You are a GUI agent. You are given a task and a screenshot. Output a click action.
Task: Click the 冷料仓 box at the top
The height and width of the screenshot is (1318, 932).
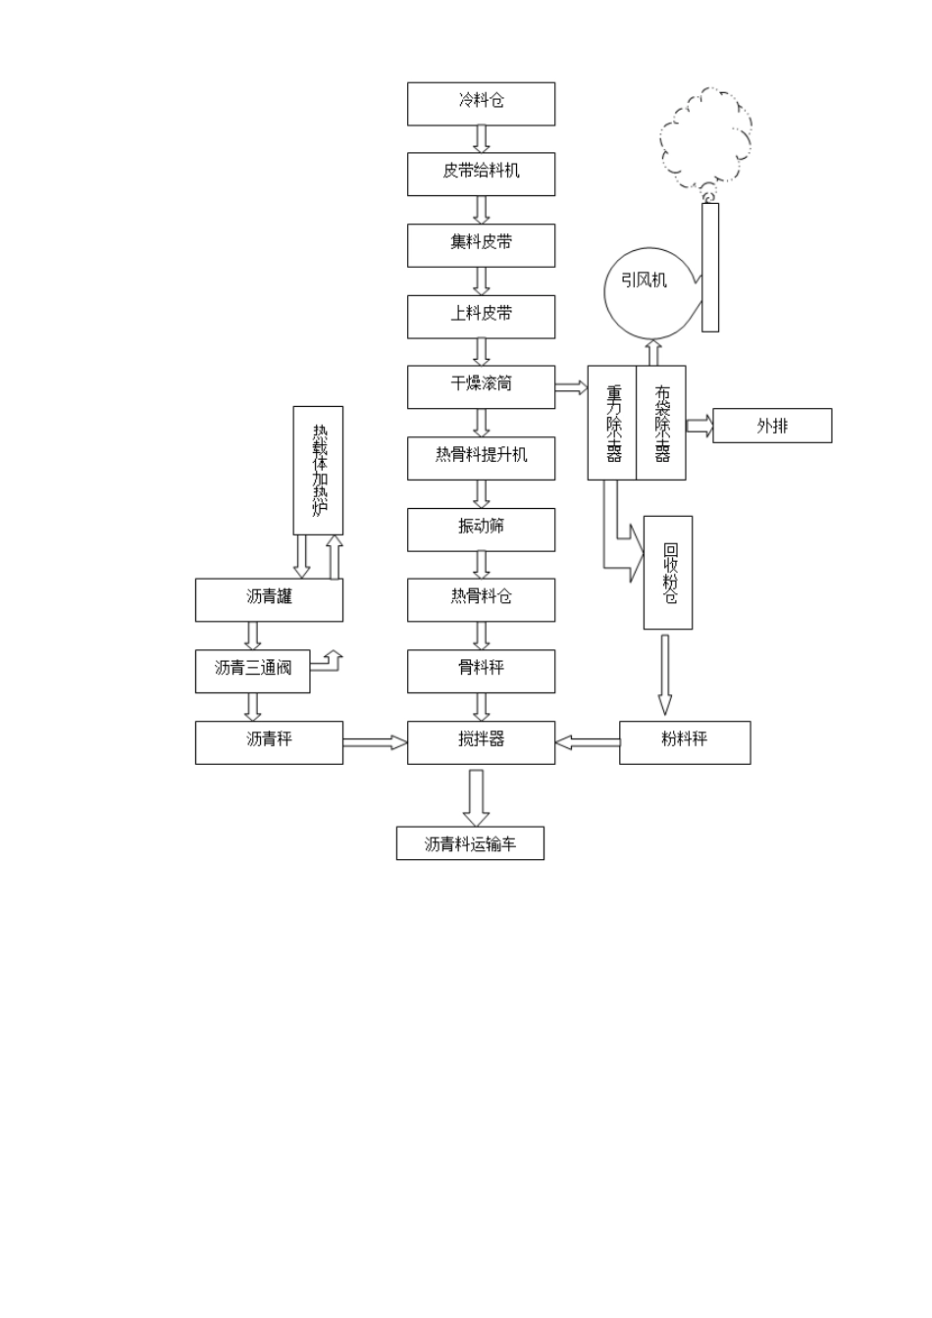[481, 103]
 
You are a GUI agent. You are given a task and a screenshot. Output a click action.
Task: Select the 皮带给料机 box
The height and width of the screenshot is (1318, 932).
[481, 174]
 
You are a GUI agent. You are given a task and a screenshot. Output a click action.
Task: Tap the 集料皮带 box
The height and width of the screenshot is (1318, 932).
[481, 245]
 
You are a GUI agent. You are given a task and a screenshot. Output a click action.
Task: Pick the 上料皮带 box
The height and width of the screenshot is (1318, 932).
[481, 317]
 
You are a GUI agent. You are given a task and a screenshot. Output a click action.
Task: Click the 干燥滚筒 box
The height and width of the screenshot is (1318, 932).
[481, 386]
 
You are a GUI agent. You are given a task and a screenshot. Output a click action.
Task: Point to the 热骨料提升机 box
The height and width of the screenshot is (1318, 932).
[481, 458]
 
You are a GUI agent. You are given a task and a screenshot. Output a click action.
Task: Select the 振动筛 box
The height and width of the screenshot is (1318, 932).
[481, 530]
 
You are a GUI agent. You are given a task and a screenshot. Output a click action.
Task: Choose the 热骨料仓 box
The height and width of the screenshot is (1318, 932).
[481, 599]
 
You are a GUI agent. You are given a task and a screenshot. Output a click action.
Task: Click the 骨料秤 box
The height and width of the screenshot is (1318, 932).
[481, 671]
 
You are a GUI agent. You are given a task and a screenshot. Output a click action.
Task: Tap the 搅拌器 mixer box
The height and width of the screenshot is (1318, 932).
[481, 742]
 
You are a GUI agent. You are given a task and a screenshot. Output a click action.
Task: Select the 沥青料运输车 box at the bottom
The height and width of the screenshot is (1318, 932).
[470, 843]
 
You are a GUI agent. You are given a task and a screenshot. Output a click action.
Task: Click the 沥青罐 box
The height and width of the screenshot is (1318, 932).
[269, 599]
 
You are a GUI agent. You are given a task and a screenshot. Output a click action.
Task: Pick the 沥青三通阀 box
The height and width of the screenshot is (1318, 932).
[252, 671]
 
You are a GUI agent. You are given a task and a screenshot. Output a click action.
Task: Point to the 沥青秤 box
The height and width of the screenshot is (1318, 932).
[269, 742]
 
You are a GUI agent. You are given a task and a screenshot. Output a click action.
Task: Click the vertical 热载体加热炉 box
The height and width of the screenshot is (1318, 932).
[318, 470]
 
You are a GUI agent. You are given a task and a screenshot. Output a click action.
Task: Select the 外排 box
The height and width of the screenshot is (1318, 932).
[771, 426]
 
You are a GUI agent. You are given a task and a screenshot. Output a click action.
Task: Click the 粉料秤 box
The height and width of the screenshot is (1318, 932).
[685, 742]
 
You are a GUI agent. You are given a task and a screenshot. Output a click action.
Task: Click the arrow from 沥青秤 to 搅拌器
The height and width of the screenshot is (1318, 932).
[375, 742]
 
